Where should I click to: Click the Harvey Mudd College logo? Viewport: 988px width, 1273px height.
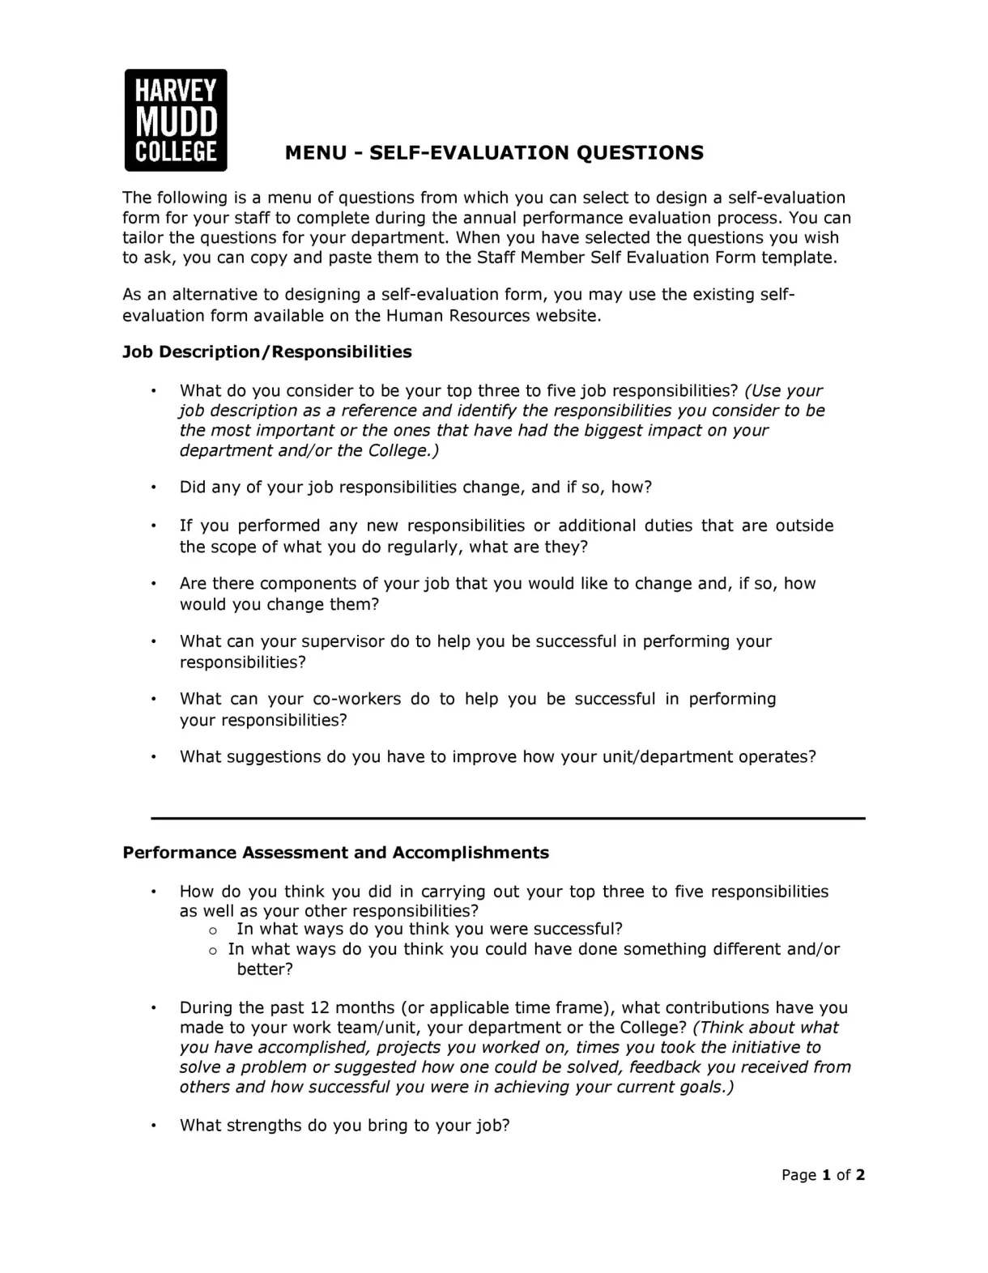[x=176, y=120]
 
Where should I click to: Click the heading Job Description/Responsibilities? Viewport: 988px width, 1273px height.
[x=266, y=351]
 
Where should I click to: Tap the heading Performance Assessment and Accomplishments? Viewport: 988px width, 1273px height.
[x=335, y=853]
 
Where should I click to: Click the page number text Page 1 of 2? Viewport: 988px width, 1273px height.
[x=823, y=1174]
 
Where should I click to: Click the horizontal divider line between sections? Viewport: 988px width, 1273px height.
[x=508, y=819]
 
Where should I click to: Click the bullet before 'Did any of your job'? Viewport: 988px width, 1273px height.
[x=153, y=487]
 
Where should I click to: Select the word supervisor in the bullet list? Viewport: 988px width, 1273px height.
[x=343, y=641]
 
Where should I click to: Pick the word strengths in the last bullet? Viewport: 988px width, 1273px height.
[x=264, y=1126]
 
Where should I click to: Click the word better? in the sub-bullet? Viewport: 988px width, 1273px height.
[x=264, y=969]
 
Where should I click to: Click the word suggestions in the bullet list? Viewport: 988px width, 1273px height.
[x=274, y=757]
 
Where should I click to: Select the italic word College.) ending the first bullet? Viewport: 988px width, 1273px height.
[x=403, y=450]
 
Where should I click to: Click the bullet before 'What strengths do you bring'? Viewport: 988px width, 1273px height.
[x=153, y=1126]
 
